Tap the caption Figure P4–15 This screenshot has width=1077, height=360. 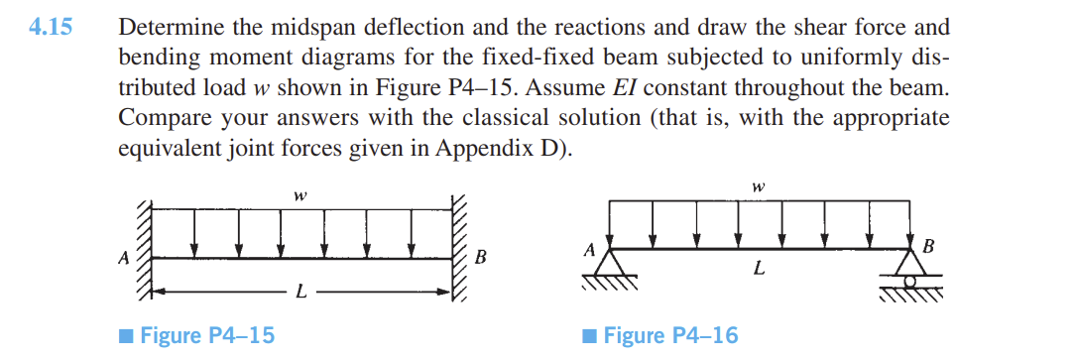207,335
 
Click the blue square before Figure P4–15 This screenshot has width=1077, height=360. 126,335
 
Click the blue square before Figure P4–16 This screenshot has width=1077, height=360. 590,335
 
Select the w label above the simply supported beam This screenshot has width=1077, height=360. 759,185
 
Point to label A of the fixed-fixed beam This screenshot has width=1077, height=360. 124,258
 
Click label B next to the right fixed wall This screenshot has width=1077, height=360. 481,259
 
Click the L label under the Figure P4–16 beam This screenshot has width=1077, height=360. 759,268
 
